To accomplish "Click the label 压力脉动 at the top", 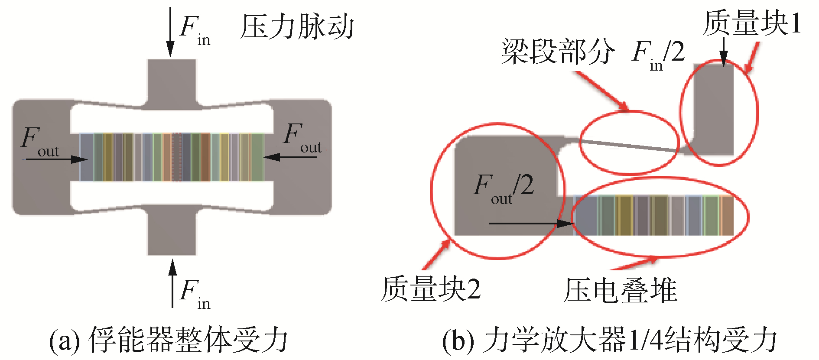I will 297,27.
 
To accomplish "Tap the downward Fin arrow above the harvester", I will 171,32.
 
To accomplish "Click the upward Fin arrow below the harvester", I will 172,284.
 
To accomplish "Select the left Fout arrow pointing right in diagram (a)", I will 56,159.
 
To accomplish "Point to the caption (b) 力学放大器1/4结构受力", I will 609,341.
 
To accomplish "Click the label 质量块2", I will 431,289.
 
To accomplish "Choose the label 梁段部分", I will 558,52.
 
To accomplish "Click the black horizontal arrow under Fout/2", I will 531,224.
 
